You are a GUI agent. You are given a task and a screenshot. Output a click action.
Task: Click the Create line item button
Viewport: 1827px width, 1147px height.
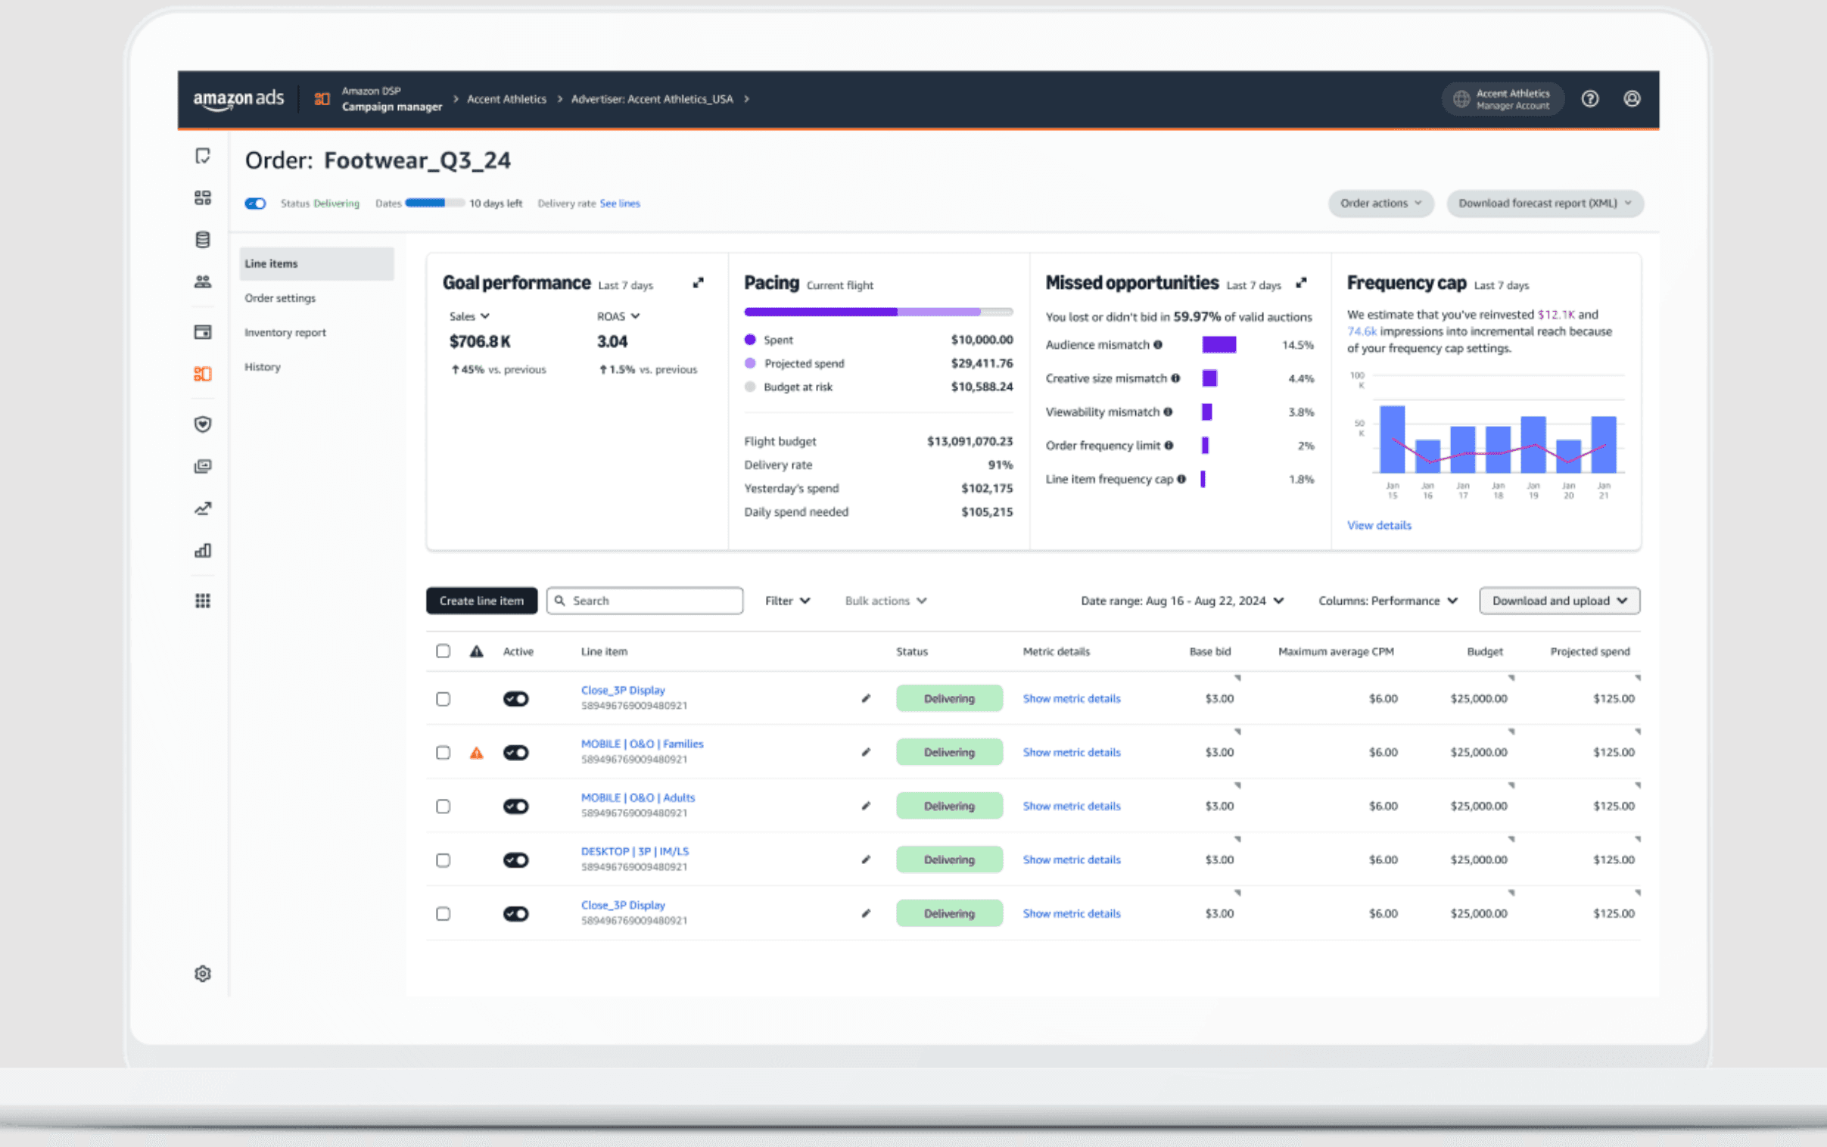(481, 600)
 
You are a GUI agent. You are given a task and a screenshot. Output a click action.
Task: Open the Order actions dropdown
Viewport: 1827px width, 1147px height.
(1380, 204)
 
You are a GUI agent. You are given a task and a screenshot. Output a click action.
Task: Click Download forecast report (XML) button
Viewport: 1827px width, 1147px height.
(1544, 204)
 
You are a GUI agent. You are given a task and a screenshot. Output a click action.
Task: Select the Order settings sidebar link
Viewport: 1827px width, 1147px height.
(280, 298)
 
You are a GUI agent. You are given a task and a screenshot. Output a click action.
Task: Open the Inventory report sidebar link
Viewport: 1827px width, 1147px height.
(285, 332)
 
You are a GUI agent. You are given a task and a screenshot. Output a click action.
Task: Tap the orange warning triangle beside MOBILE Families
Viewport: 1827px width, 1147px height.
(477, 753)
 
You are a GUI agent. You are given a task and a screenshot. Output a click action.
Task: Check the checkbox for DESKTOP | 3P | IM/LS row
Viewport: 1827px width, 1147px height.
(443, 859)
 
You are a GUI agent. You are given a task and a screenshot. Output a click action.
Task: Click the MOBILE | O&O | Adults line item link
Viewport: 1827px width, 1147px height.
(637, 797)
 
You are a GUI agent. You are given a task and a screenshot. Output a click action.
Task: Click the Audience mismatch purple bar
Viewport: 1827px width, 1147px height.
(1219, 344)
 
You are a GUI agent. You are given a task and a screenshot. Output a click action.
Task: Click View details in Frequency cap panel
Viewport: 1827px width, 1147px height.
(1379, 525)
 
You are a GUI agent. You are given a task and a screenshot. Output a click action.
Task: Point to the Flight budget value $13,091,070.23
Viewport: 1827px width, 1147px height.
(969, 441)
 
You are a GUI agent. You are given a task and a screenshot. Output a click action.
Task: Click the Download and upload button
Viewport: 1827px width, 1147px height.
(1559, 600)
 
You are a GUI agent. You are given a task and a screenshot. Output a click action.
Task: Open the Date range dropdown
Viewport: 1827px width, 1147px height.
(1182, 600)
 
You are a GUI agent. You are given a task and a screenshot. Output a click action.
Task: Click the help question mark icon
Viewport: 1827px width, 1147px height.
(1589, 98)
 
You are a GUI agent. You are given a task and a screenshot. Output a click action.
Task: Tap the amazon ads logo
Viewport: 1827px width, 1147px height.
(238, 98)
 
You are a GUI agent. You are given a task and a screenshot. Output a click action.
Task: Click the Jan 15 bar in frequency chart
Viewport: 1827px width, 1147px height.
(1392, 440)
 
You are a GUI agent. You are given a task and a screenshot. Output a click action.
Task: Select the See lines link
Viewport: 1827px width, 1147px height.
(619, 204)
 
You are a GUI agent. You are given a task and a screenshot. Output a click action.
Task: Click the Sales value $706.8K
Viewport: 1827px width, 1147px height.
(480, 341)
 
